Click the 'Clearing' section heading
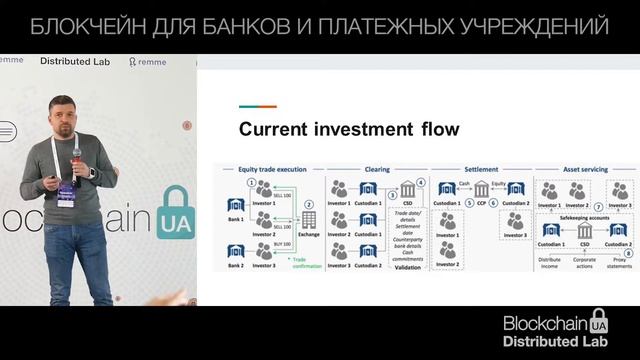pos(377,170)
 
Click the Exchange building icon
pos(309,219)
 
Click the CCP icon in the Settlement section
pos(481,189)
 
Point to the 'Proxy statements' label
pos(620,267)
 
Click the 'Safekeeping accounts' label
pos(585,217)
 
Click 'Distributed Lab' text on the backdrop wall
pos(75,61)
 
